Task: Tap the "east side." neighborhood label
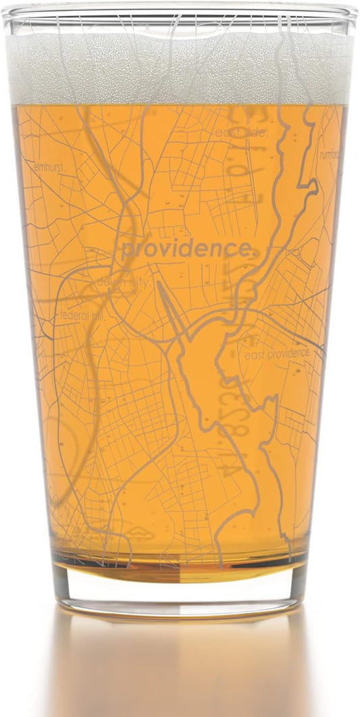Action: pyautogui.click(x=241, y=133)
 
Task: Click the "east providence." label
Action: pyautogui.click(x=278, y=353)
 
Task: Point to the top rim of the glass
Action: pyautogui.click(x=180, y=12)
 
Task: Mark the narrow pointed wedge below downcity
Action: pyautogui.click(x=170, y=311)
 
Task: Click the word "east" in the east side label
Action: pyautogui.click(x=227, y=133)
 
